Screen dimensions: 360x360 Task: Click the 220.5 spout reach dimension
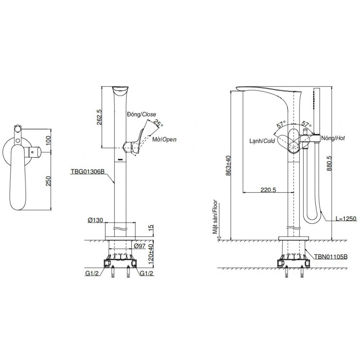point(268,190)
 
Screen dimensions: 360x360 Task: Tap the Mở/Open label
point(164,139)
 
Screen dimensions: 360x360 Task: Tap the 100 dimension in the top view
point(49,141)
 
